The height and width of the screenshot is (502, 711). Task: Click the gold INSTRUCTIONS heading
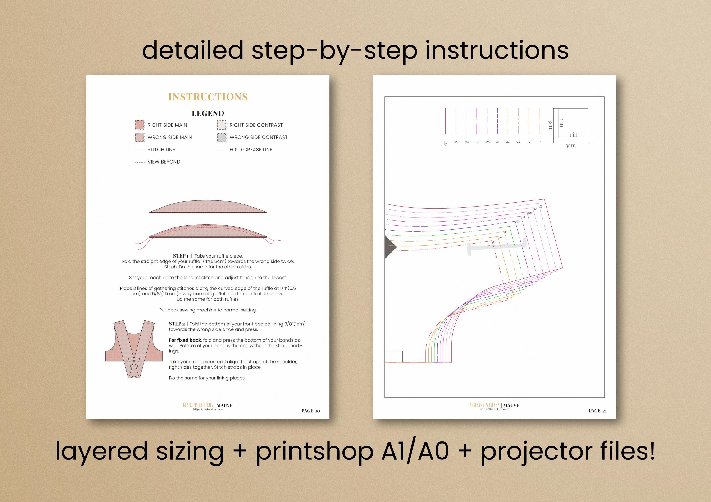click(208, 97)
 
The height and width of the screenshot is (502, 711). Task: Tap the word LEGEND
click(208, 113)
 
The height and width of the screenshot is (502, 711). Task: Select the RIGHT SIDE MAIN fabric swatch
click(140, 125)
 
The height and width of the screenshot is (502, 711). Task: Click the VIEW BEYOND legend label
click(164, 162)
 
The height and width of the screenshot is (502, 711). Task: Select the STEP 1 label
click(181, 256)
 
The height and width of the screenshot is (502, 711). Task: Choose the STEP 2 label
click(177, 324)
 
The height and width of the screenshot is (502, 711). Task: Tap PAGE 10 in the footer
click(311, 411)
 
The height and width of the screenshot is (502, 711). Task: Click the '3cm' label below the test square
click(571, 146)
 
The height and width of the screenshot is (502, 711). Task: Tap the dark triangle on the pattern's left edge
click(390, 247)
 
